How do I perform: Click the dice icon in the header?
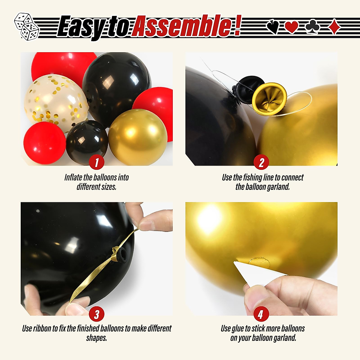(x=26, y=26)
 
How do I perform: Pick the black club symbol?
(x=313, y=27)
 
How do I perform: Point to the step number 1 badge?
(x=97, y=163)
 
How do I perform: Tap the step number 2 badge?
(x=261, y=163)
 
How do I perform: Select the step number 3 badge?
(x=97, y=314)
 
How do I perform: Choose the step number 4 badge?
(x=261, y=314)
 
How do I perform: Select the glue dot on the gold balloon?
(x=259, y=262)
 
